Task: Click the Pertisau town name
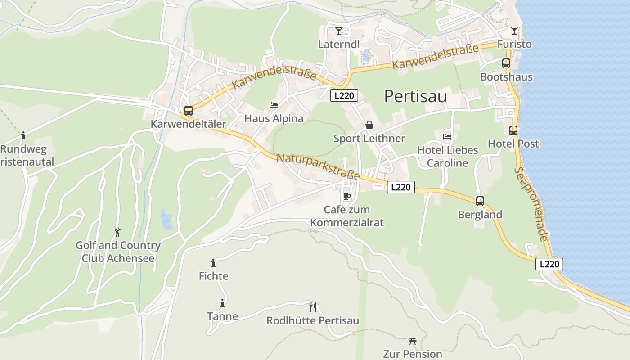point(415,96)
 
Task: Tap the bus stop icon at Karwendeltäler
point(189,110)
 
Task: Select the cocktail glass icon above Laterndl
point(339,31)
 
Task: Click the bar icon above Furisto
point(514,31)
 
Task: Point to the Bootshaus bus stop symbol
point(506,63)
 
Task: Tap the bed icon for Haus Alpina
point(274,105)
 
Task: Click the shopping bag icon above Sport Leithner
point(369,125)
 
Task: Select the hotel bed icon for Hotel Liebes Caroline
point(447,136)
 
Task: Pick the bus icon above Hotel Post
point(513,130)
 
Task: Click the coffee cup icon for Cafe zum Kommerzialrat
point(346,196)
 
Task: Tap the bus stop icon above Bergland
point(480,201)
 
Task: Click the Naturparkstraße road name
point(318,166)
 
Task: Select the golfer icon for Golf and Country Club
point(117,232)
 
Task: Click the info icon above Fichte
point(213,263)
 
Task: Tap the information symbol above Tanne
point(222,303)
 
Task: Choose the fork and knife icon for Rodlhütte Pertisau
point(313,307)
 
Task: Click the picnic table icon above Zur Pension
point(412,341)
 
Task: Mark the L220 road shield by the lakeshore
point(549,264)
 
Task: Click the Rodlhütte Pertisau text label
point(313,320)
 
